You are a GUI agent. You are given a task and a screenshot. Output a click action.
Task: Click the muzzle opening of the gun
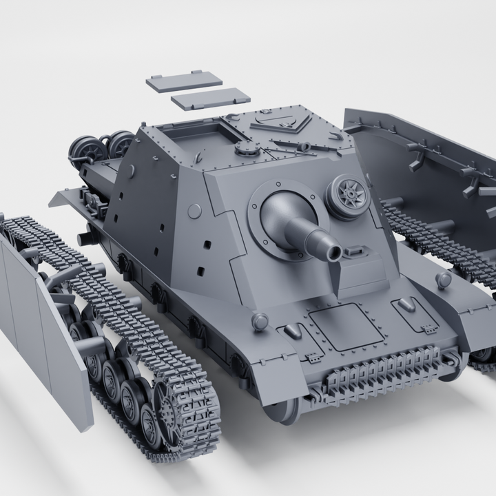tap(335, 254)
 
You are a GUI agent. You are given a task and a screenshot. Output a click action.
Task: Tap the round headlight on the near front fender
tap(260, 321)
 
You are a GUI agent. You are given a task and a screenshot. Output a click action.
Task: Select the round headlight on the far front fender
tap(444, 279)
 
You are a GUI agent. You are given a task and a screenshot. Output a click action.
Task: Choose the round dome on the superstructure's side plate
tap(195, 211)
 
